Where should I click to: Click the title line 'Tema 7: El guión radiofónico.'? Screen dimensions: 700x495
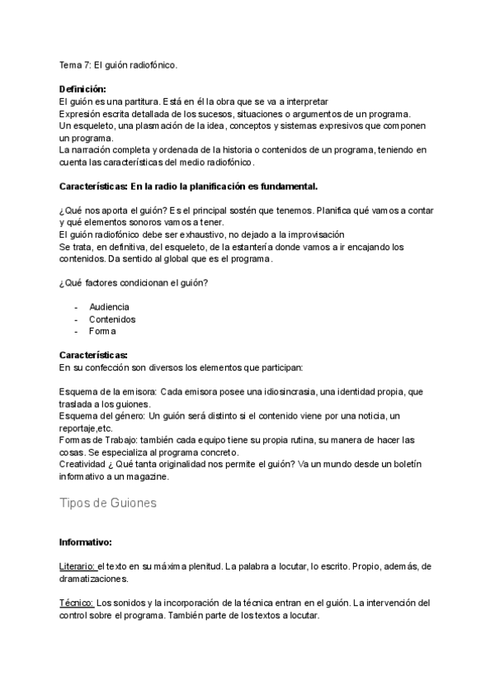118,64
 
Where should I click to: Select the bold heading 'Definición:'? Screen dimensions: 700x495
82,89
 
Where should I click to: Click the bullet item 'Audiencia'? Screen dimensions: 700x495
109,307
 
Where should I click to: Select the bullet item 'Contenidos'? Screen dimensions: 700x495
112,319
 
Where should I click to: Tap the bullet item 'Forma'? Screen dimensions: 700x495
102,332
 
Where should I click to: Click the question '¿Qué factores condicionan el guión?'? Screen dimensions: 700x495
133,284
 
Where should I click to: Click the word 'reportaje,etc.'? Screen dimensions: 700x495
86,428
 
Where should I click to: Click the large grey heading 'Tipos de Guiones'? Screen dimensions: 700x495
108,504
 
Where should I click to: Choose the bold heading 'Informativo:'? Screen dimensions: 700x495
86,543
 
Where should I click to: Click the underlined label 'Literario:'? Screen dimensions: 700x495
78,567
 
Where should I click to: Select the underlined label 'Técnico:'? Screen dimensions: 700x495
77,604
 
